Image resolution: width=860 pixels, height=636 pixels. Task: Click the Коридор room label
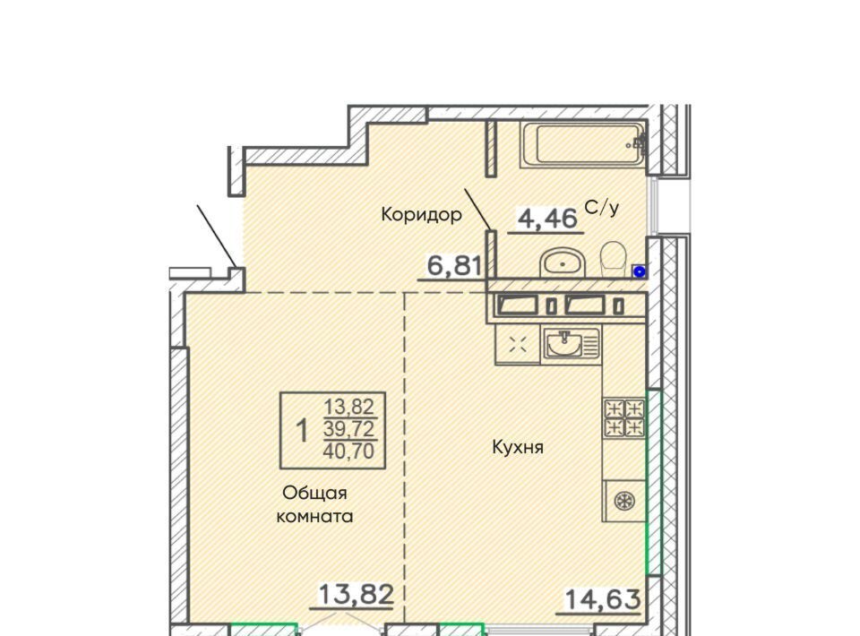click(x=421, y=214)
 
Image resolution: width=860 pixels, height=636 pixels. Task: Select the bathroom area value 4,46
click(x=548, y=219)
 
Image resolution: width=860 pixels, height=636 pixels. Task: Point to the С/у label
click(x=602, y=207)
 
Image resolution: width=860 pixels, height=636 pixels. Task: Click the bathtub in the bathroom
click(x=583, y=144)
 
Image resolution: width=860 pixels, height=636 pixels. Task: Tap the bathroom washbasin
click(x=563, y=263)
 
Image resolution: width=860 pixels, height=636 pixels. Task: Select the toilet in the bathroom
click(x=615, y=261)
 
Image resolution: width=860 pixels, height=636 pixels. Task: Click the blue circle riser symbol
click(x=639, y=271)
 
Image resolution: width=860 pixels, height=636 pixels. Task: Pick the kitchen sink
click(x=571, y=344)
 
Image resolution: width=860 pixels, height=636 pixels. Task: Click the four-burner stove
click(x=624, y=417)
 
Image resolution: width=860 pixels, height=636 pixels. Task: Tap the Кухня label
click(x=518, y=447)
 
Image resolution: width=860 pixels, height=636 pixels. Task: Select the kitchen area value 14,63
click(x=602, y=599)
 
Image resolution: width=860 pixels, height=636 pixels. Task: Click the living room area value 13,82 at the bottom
click(x=356, y=594)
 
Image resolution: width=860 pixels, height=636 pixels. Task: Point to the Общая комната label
click(x=314, y=504)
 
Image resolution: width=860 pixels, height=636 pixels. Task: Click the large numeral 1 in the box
click(x=302, y=430)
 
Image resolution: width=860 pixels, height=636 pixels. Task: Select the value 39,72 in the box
click(x=348, y=429)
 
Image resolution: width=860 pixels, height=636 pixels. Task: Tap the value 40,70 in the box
click(x=348, y=451)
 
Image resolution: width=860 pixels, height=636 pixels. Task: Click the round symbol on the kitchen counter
click(x=624, y=501)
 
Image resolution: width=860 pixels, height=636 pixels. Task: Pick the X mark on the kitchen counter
click(x=518, y=344)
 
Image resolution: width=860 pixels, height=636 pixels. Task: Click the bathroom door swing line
click(x=478, y=210)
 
